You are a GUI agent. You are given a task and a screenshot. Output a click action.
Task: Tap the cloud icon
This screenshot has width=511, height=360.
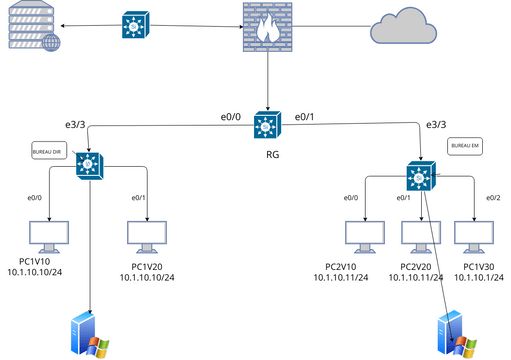pos(402,25)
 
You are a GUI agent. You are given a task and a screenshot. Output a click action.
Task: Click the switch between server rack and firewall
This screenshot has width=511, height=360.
pos(134,25)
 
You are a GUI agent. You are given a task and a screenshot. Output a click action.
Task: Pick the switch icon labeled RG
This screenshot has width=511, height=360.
pos(266,125)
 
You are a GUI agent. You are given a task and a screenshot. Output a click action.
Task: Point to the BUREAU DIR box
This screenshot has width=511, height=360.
pos(49,151)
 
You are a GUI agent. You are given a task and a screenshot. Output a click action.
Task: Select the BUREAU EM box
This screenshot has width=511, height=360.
pos(465,146)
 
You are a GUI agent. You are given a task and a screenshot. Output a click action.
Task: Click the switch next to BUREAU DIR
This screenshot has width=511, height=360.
pos(92,163)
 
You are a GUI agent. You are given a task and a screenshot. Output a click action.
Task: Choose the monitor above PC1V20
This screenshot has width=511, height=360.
pos(146,235)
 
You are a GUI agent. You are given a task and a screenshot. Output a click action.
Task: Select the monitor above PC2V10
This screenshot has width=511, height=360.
pos(363,235)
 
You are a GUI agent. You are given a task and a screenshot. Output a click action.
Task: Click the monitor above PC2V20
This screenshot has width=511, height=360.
pos(418,235)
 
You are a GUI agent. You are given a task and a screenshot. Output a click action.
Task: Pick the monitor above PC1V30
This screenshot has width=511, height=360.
pos(472,235)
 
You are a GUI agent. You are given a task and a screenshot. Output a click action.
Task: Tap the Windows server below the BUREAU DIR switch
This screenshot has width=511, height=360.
pos(89,335)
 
